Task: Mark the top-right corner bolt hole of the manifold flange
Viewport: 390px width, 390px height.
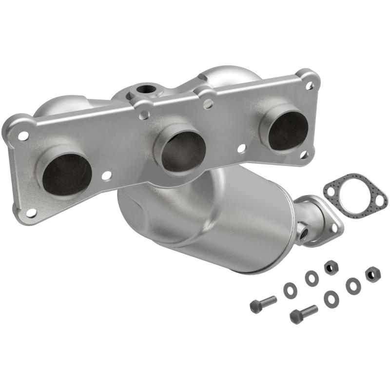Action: [309, 85]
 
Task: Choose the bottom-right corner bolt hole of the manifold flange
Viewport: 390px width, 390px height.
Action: [304, 155]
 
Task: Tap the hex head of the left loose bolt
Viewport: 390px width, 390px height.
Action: [255, 306]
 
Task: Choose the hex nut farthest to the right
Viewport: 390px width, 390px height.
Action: [372, 274]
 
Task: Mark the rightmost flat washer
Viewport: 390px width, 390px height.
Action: [352, 286]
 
